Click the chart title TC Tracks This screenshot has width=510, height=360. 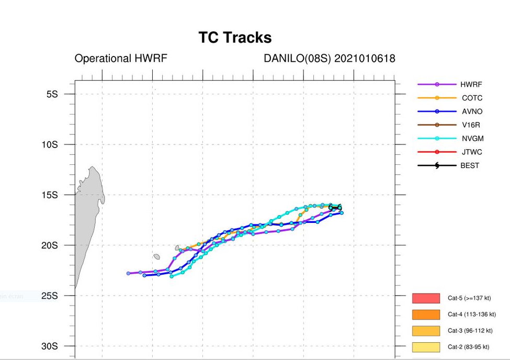(x=235, y=38)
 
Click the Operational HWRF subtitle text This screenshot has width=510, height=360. (x=121, y=59)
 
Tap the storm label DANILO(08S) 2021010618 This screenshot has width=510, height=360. (x=330, y=59)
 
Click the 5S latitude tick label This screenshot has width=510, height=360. (x=52, y=94)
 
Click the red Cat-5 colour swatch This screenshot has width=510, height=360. (x=425, y=298)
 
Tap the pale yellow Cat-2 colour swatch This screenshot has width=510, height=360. (x=425, y=347)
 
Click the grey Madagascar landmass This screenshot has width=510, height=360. (x=86, y=220)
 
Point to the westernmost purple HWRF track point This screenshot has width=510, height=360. (x=129, y=273)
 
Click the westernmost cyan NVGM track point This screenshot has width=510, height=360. (x=172, y=276)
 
